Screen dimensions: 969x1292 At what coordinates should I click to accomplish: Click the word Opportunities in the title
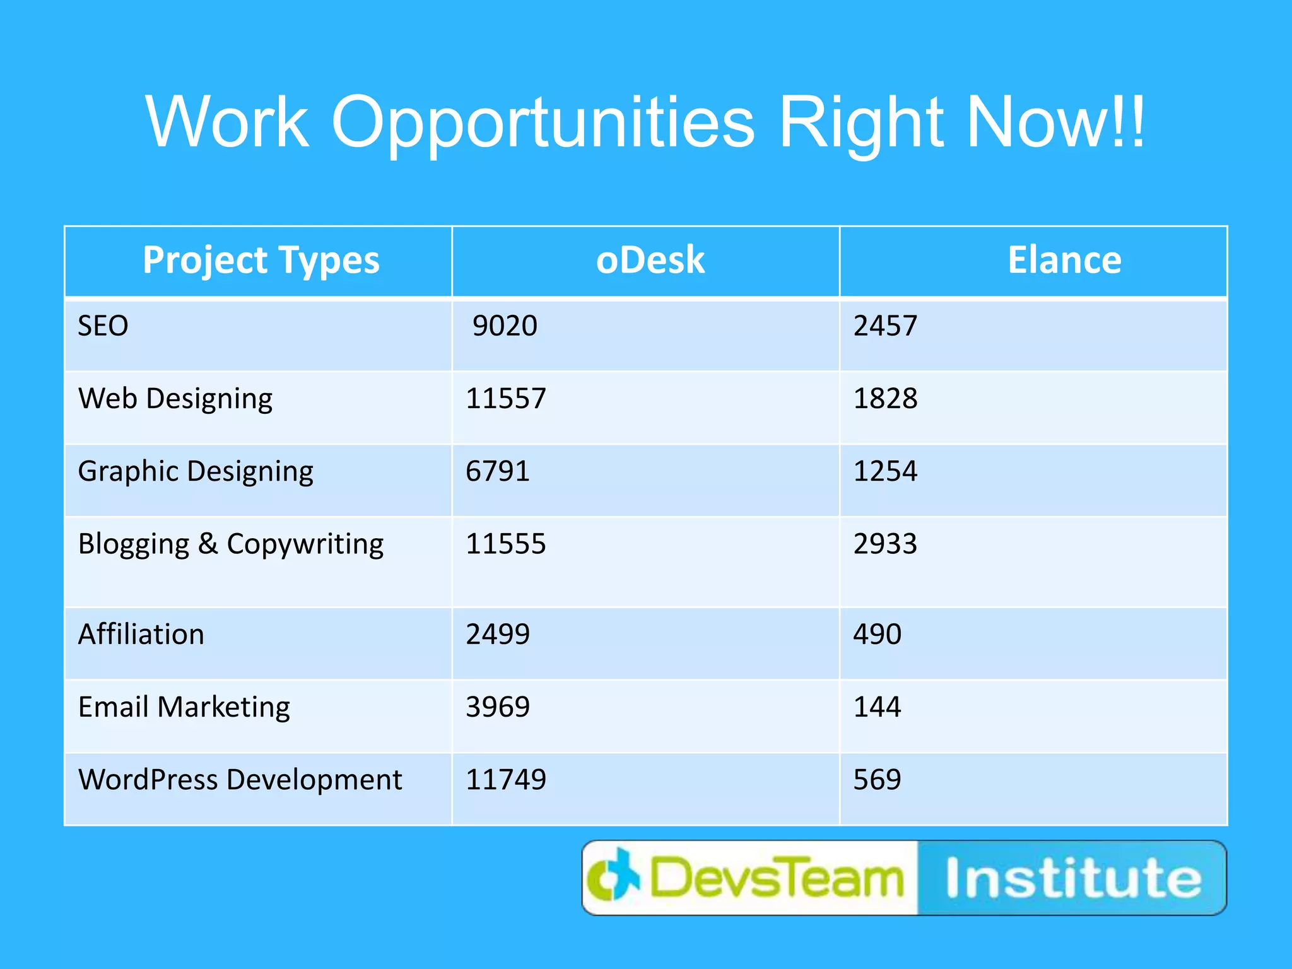tap(543, 123)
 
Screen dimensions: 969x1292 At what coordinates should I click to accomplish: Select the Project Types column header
tap(261, 260)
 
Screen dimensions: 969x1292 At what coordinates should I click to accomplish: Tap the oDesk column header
tap(650, 260)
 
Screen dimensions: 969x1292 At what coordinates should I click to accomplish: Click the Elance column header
tap(1064, 260)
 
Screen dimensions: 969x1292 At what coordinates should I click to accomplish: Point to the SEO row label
tap(103, 326)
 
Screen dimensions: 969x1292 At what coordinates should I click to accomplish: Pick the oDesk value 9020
tap(505, 326)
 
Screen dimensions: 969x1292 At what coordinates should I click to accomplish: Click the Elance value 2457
tap(885, 326)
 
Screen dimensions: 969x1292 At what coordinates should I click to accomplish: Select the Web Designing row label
tap(175, 399)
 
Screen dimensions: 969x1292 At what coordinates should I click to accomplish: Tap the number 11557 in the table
tap(506, 399)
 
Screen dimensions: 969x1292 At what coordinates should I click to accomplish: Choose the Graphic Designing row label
tap(196, 472)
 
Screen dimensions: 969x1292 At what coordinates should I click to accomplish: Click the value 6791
tap(498, 471)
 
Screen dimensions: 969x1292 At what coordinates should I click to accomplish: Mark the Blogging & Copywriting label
tap(231, 544)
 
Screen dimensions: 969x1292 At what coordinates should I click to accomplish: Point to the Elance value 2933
tap(885, 544)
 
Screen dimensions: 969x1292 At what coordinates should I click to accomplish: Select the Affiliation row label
tap(141, 635)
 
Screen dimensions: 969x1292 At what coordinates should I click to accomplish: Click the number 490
tap(877, 634)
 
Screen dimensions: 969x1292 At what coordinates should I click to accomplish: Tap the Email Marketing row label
tap(184, 707)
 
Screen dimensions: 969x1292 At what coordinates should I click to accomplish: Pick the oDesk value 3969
tap(498, 707)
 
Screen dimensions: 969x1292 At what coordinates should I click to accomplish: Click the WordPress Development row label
tap(240, 780)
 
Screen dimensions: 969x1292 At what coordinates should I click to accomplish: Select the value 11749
tap(506, 780)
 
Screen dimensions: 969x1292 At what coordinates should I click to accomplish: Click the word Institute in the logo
tap(1073, 878)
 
